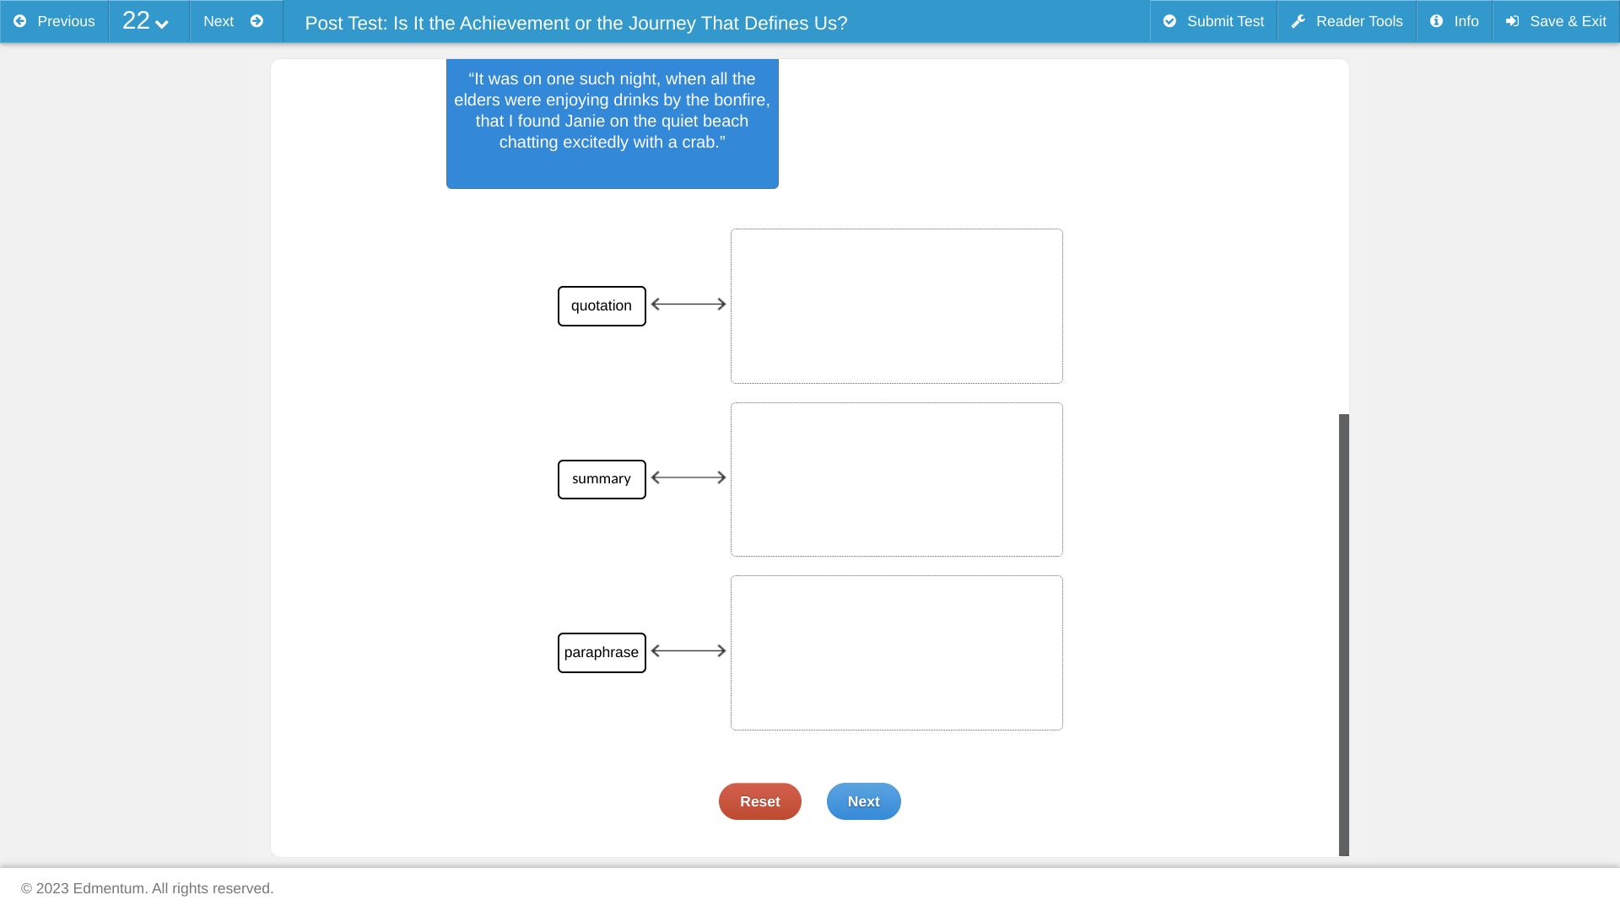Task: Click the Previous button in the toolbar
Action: click(54, 21)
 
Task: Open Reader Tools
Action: click(1347, 21)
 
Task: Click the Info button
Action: click(1454, 21)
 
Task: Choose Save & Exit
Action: click(1556, 21)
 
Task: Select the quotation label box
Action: click(602, 306)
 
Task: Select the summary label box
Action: click(602, 479)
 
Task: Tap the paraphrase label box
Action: click(602, 653)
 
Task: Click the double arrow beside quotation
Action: click(688, 304)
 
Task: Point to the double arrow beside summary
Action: click(688, 477)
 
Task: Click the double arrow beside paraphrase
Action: click(688, 650)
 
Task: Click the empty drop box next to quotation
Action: click(897, 306)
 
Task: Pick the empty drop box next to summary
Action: click(897, 479)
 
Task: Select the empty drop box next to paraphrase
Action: click(897, 653)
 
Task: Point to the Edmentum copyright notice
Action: click(148, 888)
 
